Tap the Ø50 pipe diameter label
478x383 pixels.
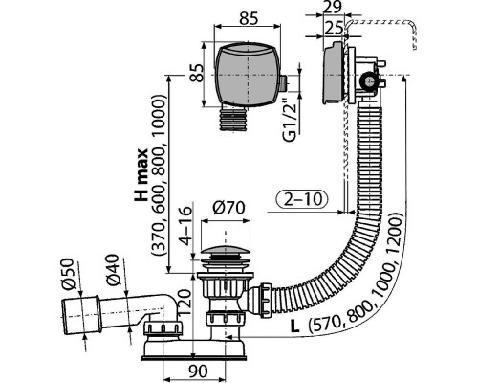click(x=68, y=274)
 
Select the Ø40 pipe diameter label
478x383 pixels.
click(x=113, y=270)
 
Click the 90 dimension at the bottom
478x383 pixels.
click(x=198, y=372)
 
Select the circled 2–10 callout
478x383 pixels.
click(x=301, y=199)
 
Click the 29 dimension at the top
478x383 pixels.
click(x=333, y=7)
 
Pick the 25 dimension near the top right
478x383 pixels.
click(x=333, y=29)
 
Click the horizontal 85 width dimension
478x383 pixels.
click(x=249, y=18)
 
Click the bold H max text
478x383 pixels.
click(x=141, y=174)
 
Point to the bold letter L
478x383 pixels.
click(x=294, y=327)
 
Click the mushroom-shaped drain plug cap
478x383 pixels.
click(x=226, y=250)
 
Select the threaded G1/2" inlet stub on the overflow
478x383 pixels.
click(x=284, y=82)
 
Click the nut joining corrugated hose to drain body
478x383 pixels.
click(x=265, y=300)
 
